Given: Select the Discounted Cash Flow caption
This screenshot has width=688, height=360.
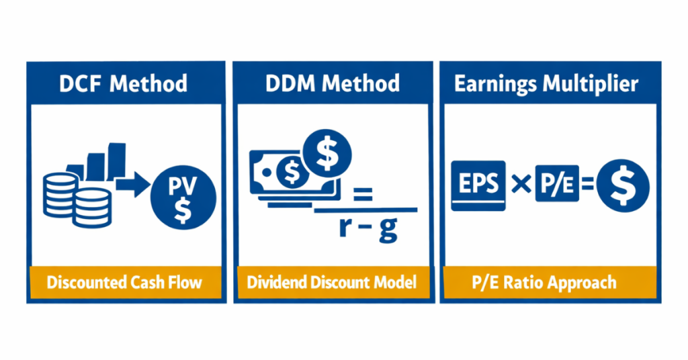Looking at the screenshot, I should [x=124, y=281].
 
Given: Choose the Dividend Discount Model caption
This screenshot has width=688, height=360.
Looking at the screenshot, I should [x=331, y=281].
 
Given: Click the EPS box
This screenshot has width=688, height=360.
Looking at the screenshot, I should [x=478, y=185].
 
